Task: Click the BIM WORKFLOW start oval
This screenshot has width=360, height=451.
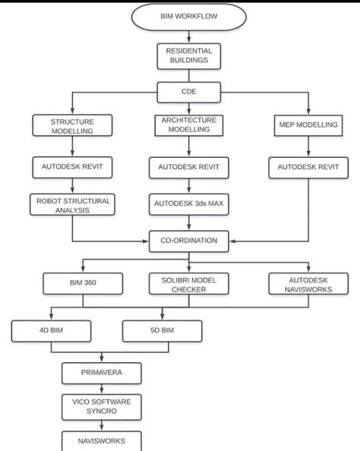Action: [x=189, y=16]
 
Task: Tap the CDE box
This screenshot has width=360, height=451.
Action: [x=189, y=93]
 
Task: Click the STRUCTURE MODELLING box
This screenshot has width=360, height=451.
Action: [x=72, y=125]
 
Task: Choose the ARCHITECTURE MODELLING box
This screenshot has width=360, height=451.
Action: [x=189, y=125]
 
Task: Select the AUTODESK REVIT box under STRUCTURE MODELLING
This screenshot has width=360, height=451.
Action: [x=72, y=166]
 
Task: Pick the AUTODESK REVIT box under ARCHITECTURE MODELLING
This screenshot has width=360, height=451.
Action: [x=189, y=166]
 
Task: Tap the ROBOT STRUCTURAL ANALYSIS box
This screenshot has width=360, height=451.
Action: [x=72, y=205]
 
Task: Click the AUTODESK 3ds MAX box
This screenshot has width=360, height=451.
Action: [x=189, y=203]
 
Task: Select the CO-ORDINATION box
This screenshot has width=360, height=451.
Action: [x=189, y=241]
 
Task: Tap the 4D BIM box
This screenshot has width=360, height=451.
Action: [x=51, y=330]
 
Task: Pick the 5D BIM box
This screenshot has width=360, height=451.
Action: [x=163, y=330]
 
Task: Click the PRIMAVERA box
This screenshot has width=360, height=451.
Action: [x=101, y=373]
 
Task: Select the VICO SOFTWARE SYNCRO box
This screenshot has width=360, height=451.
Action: [x=101, y=406]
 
